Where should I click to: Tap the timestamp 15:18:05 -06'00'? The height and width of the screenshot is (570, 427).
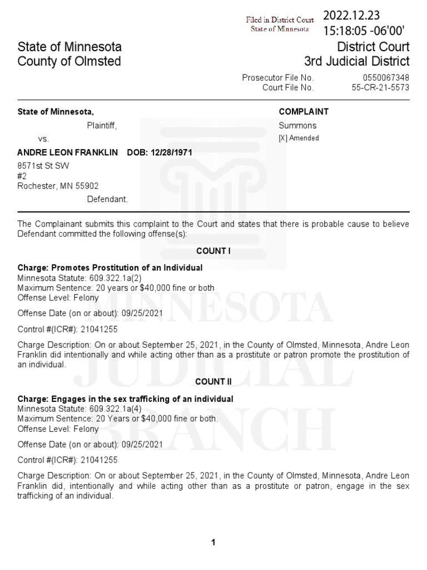pyautogui.click(x=360, y=31)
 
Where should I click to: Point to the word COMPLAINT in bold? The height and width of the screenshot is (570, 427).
pyautogui.click(x=304, y=111)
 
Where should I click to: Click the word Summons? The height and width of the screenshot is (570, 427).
pyautogui.click(x=297, y=126)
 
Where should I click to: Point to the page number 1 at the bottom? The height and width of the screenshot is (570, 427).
pyautogui.click(x=213, y=543)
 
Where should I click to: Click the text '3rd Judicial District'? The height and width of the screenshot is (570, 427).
pyautogui.click(x=356, y=61)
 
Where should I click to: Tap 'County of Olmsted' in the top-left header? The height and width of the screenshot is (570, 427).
pyautogui.click(x=69, y=61)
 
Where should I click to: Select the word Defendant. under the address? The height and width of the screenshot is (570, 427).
pyautogui.click(x=107, y=199)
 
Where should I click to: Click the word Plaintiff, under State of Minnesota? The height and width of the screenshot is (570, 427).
pyautogui.click(x=102, y=126)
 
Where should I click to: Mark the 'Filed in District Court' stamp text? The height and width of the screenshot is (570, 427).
pyautogui.click(x=280, y=20)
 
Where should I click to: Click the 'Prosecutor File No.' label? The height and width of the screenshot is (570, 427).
pyautogui.click(x=278, y=78)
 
